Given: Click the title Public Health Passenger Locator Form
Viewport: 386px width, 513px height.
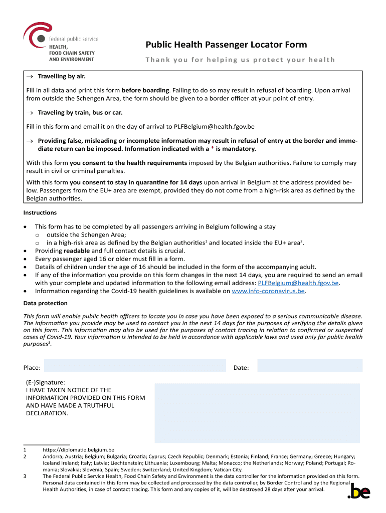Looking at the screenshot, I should point(226,45).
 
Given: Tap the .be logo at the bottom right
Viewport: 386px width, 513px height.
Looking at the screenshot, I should point(358,492).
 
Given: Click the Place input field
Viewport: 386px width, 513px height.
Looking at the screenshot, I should point(135,367).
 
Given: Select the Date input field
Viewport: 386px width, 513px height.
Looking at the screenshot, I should point(309,367).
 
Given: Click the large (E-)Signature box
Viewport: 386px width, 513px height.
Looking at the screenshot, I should point(257,413).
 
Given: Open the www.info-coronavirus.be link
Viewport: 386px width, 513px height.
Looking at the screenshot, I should point(268,291).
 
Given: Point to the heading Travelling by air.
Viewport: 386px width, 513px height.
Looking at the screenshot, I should point(62,76).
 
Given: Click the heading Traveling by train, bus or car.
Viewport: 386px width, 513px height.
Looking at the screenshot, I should point(80,112).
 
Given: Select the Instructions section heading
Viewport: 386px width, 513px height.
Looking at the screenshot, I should point(40,213).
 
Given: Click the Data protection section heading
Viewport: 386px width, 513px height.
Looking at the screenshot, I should point(45,303).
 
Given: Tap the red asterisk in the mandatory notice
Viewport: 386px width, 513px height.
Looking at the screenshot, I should point(212,149).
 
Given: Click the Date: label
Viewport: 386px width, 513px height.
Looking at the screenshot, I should point(241,368).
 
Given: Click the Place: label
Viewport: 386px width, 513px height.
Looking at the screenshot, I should point(32,368).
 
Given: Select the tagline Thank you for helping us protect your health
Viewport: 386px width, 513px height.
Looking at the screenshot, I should point(240,60).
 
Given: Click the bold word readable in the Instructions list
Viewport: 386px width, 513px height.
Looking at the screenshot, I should point(76,251).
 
